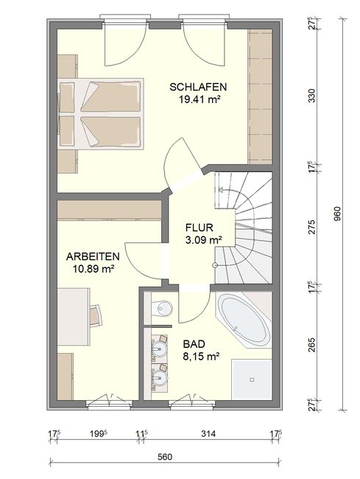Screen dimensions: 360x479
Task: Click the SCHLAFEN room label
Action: (x=198, y=87)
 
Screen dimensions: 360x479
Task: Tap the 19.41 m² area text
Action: (x=200, y=99)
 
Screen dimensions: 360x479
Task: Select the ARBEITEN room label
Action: (x=93, y=256)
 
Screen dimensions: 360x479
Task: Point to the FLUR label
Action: (x=200, y=228)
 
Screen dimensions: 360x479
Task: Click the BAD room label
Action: (x=194, y=344)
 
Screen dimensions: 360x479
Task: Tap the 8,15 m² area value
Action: (x=202, y=356)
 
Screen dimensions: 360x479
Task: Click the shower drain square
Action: (x=252, y=380)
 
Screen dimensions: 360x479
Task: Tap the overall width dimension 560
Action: (x=165, y=457)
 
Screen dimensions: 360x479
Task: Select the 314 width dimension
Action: (x=208, y=433)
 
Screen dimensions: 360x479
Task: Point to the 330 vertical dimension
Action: (x=311, y=96)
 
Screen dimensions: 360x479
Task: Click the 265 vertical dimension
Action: (x=311, y=345)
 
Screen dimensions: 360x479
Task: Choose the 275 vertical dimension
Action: (x=311, y=227)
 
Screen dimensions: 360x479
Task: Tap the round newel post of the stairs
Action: (x=215, y=265)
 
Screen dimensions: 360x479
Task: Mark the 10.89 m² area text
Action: (x=93, y=269)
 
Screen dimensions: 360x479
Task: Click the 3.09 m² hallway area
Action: (x=203, y=240)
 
